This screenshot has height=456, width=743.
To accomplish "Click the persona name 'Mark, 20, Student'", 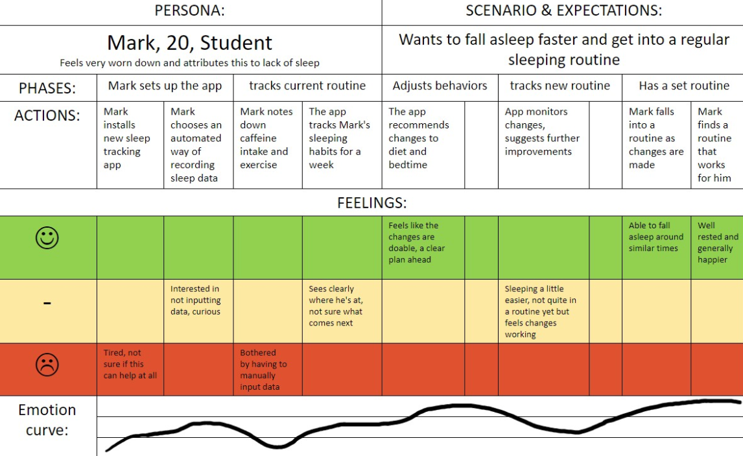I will [189, 43].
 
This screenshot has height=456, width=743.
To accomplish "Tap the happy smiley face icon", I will [47, 238].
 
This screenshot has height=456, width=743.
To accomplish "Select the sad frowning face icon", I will [47, 365].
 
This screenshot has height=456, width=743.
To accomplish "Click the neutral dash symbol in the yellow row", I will [47, 302].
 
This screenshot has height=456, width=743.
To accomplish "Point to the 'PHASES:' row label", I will [47, 88].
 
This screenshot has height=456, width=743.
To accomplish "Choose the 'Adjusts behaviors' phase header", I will [440, 86].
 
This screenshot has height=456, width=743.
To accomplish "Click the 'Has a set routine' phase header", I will [683, 86].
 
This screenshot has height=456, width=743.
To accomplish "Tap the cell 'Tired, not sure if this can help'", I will [130, 365].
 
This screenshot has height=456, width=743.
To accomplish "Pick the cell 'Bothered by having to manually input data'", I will [263, 370].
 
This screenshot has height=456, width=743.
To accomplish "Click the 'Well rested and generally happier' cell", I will [717, 243].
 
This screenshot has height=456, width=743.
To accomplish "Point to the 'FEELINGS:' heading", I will [371, 203].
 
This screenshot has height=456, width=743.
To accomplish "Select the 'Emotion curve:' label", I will [47, 420].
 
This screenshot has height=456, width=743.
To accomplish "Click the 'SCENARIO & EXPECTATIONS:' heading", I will [563, 11].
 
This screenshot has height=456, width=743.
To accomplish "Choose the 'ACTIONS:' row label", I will [47, 115].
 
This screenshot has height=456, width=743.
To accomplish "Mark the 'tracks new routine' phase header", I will [560, 86].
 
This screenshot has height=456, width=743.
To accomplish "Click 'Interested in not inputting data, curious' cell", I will [196, 300].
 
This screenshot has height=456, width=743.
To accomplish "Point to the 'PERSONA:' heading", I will [190, 11].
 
